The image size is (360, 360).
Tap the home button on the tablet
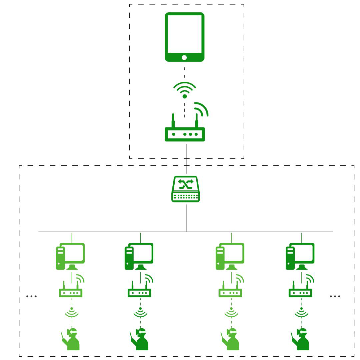(x=184, y=57)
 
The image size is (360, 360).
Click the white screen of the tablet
(x=184, y=34)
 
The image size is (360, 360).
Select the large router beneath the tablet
(x=185, y=134)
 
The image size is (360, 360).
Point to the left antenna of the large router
(x=173, y=120)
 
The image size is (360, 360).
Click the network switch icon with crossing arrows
(x=186, y=189)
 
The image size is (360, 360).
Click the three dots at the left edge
(x=31, y=296)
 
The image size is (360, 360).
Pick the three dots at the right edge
(x=335, y=296)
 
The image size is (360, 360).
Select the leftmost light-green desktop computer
(x=70, y=256)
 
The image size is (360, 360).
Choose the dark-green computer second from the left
(x=139, y=256)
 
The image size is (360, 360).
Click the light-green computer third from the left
(x=230, y=256)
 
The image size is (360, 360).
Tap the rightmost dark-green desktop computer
(x=300, y=256)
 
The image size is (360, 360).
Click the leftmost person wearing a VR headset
(x=71, y=339)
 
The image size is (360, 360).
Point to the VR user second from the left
(x=140, y=339)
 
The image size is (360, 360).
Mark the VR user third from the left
(x=231, y=339)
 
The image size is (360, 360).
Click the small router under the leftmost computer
(x=71, y=292)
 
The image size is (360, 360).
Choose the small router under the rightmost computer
(x=300, y=292)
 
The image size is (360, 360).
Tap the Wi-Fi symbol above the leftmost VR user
(x=71, y=313)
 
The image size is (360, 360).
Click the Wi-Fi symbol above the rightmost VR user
(x=301, y=313)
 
